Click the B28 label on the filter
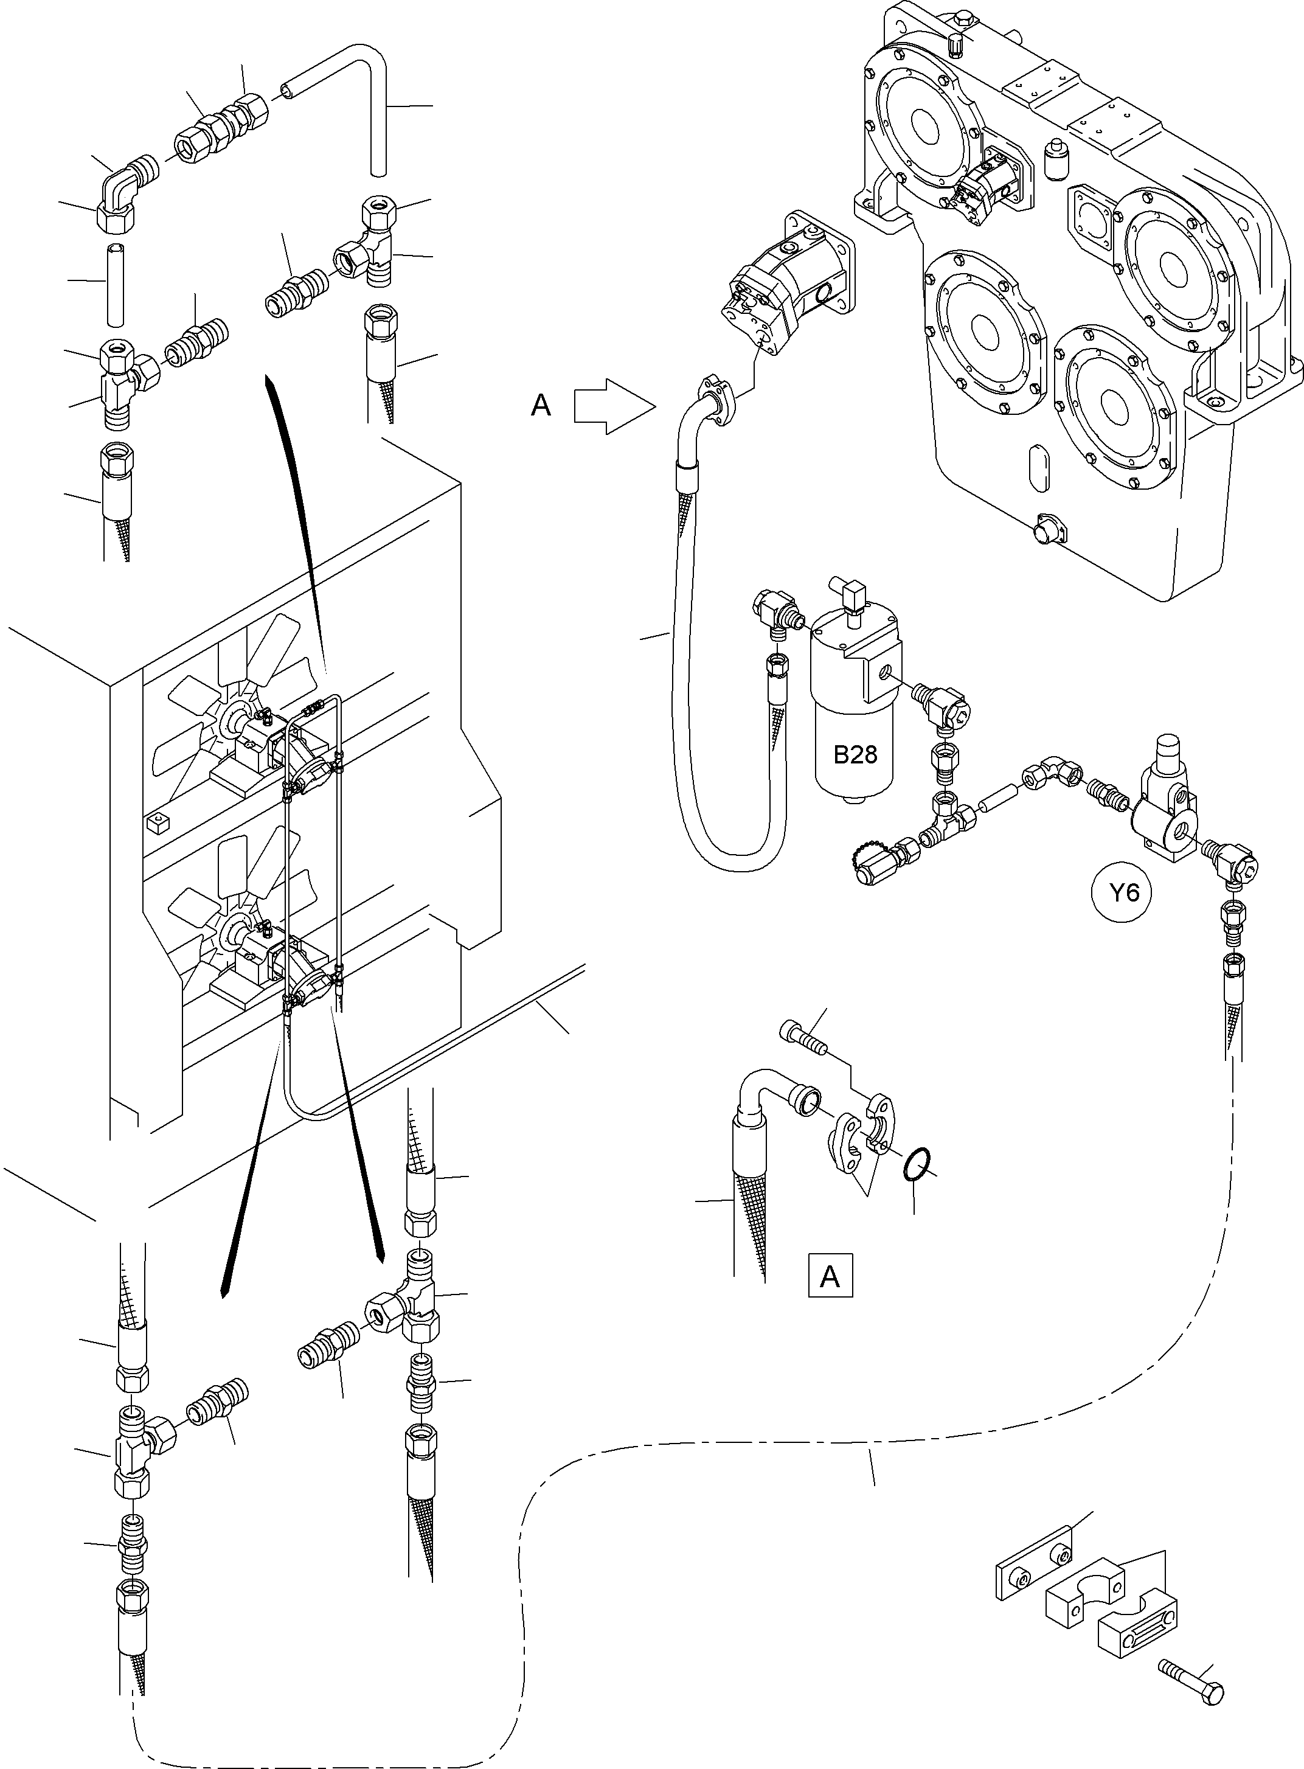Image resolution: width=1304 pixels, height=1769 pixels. pos(855,756)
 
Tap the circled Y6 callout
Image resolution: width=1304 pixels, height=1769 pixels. pos(1124,893)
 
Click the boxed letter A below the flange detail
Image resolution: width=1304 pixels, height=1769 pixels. pos(830,1276)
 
